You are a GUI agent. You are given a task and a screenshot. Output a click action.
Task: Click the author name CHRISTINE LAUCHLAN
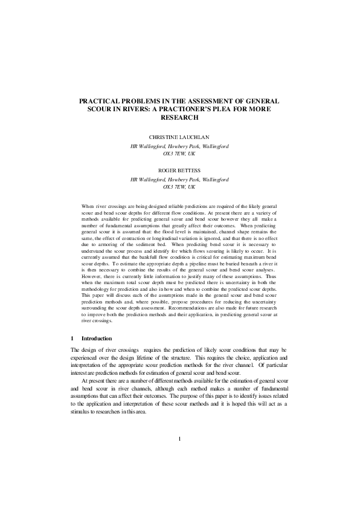[x=179, y=137]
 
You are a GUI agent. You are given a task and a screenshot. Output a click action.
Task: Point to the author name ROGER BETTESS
[x=179, y=171]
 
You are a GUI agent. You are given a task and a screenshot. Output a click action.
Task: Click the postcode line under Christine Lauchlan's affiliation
[x=179, y=154]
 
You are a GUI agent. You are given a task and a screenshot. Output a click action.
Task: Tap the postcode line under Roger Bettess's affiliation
[x=179, y=187]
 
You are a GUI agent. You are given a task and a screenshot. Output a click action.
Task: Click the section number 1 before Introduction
[x=72, y=339]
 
